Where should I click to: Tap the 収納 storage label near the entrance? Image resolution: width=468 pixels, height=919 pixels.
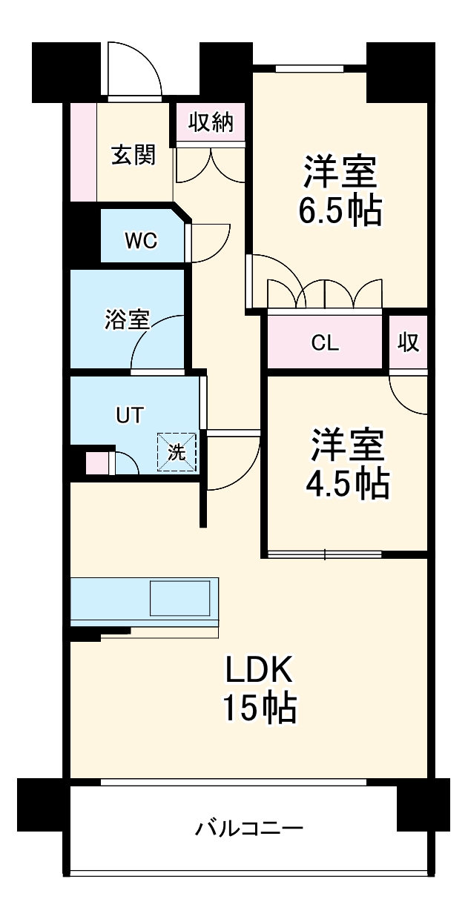coord(211,122)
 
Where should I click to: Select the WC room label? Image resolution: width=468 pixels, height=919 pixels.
coord(140,241)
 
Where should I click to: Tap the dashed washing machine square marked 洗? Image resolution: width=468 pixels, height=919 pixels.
coord(177,452)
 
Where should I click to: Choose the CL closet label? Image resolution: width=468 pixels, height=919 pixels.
coord(325,342)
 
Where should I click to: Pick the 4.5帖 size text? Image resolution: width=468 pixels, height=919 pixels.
coord(347,484)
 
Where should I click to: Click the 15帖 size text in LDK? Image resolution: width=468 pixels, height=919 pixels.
coord(261,709)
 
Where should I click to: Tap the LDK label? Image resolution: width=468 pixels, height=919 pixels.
coord(261,671)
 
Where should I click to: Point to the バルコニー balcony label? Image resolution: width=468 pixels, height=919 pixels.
coord(249,827)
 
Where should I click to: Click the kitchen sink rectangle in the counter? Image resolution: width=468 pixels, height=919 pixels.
coord(180,598)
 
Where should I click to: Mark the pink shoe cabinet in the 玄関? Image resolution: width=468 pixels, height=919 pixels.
coord(84,152)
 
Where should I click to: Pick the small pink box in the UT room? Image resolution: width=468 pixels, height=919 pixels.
coord(97,463)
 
